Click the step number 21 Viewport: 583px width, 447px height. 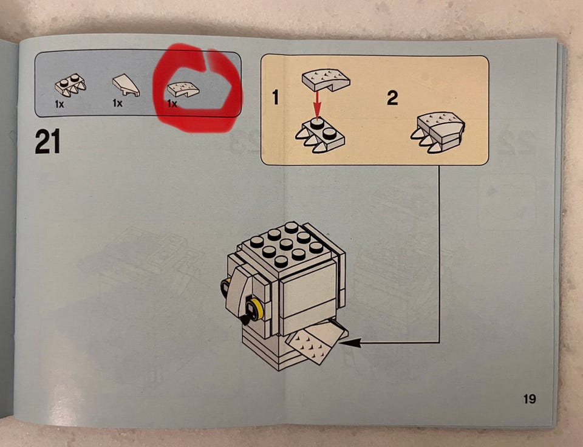47,142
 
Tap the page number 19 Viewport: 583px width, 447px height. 530,399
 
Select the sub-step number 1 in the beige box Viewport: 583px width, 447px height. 275,97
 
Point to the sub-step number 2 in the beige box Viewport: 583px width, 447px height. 392,98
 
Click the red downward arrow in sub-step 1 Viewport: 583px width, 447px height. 316,104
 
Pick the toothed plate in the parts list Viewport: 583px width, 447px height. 70,85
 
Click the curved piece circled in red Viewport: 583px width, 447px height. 183,89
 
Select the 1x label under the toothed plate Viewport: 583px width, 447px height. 60,104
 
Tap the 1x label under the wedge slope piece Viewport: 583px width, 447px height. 117,103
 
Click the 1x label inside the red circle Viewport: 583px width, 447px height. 172,103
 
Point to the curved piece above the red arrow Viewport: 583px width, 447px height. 326,80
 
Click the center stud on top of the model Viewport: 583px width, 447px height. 285,244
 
